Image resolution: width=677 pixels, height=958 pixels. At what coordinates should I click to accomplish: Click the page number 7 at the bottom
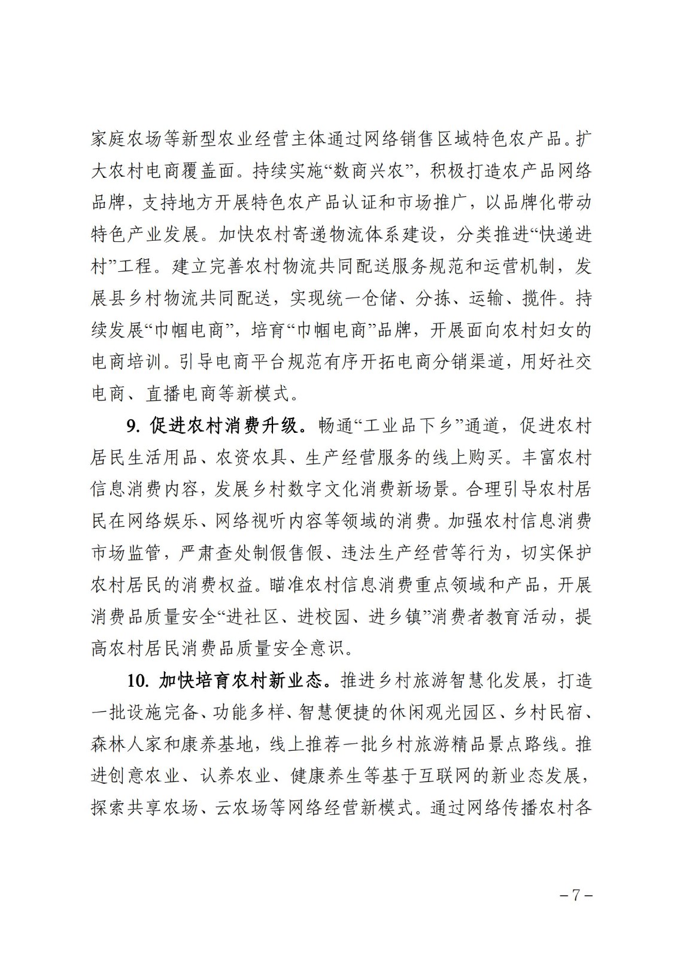click(x=576, y=896)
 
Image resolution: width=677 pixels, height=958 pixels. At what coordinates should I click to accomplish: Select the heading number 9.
click(x=132, y=426)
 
